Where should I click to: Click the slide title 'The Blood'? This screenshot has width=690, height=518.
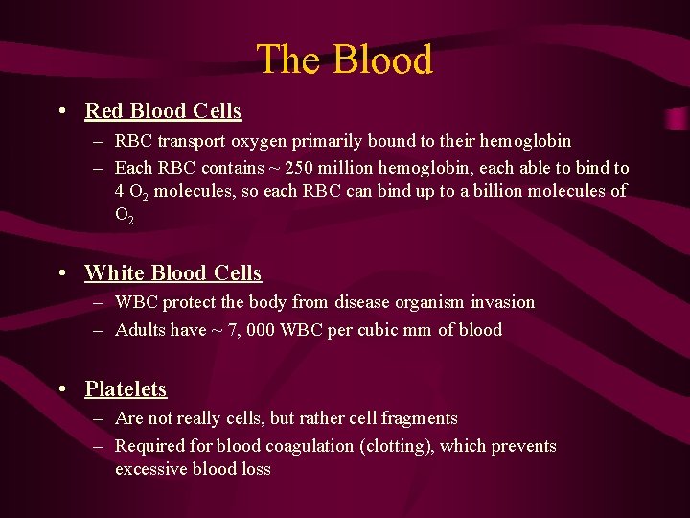344,59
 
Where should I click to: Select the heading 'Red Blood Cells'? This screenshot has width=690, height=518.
163,111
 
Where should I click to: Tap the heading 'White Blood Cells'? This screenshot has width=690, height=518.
172,273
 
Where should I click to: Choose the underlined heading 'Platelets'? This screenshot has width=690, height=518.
126,389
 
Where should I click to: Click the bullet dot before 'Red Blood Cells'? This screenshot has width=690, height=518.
62,111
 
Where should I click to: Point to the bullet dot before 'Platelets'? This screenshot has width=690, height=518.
62,389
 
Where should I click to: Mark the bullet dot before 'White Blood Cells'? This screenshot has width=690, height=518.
62,273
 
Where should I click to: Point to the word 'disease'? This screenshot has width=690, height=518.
363,302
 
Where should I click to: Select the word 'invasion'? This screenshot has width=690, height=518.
502,302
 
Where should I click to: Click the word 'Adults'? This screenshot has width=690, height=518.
140,330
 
